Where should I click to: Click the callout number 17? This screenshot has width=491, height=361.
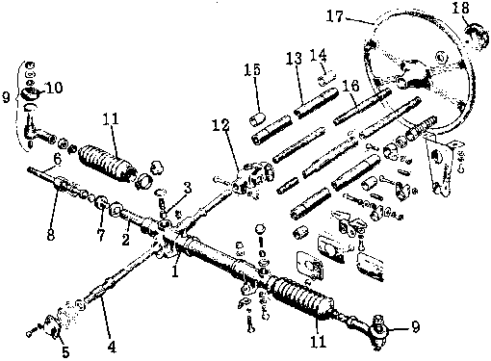tap(335, 15)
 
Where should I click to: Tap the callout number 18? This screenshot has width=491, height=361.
tap(460, 9)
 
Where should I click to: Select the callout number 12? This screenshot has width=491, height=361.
tap(220, 125)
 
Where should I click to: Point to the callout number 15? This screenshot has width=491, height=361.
tap(252, 69)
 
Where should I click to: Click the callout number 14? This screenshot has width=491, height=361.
tap(319, 55)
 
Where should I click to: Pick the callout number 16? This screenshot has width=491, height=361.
tap(350, 86)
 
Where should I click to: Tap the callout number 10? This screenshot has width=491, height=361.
tap(54, 88)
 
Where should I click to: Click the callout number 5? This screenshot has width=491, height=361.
tap(65, 352)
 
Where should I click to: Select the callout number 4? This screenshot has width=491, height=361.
tap(112, 347)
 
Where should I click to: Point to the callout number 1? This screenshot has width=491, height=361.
tap(175, 271)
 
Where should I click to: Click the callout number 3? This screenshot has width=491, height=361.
tap(188, 188)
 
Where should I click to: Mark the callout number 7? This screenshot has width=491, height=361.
tap(101, 235)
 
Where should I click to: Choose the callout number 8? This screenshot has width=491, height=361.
tap(51, 235)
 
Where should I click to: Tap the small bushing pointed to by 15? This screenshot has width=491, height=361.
tap(258, 119)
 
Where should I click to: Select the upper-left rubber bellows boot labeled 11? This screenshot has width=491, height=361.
tap(107, 164)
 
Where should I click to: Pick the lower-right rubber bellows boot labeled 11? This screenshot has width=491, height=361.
tap(302, 297)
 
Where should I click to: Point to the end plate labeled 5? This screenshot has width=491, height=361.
tap(52, 327)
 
